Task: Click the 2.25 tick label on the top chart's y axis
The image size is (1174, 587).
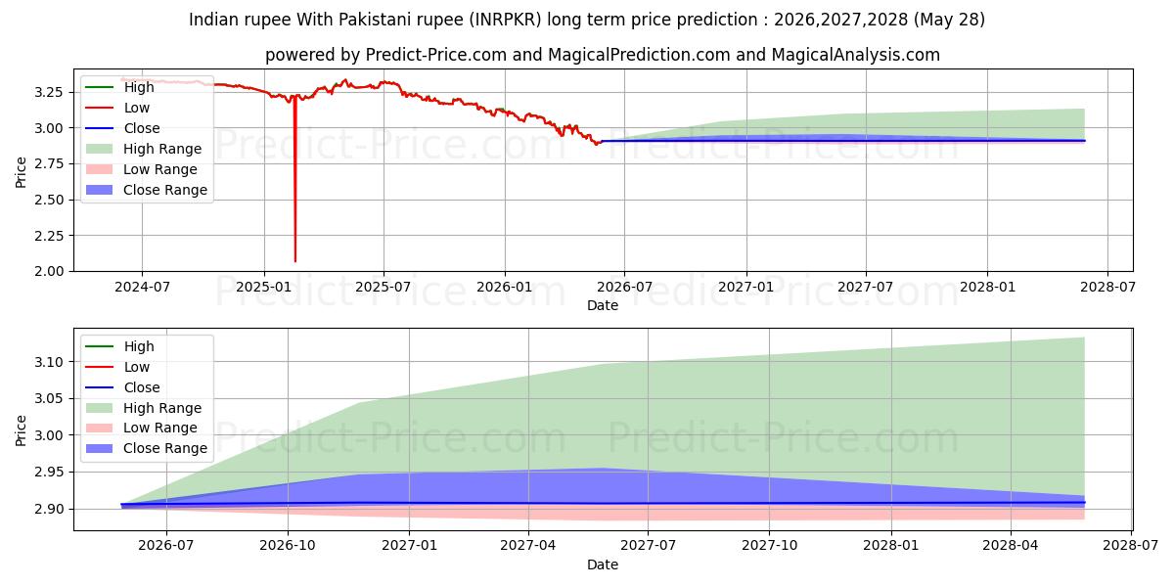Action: pos(49,236)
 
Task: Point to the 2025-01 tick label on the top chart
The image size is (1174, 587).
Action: pos(264,288)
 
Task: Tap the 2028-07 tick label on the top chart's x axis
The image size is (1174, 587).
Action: pos(1107,288)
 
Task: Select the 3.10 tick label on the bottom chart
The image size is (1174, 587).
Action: pos(49,362)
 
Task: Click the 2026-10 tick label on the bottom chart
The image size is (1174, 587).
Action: pos(288,546)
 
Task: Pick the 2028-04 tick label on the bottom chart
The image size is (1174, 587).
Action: pos(1011,546)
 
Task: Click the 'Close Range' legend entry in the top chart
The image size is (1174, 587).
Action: pos(147,190)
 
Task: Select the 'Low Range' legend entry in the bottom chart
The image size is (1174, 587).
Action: pos(142,428)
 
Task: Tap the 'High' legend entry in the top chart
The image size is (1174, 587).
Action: pos(119,87)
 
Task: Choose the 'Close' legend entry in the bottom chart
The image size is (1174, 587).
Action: pos(122,387)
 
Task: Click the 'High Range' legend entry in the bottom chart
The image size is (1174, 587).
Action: pos(144,408)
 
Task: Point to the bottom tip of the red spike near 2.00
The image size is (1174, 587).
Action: pos(295,261)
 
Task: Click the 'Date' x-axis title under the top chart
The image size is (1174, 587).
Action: pos(603,305)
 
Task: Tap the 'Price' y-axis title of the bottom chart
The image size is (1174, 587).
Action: pos(21,430)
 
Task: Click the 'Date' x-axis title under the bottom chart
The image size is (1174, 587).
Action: pos(603,564)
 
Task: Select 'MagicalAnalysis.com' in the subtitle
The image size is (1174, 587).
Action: pos(856,55)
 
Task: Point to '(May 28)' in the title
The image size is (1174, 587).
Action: pos(949,20)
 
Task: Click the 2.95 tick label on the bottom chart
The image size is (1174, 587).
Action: pos(49,473)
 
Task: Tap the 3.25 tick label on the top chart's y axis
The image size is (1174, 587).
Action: pos(49,92)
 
